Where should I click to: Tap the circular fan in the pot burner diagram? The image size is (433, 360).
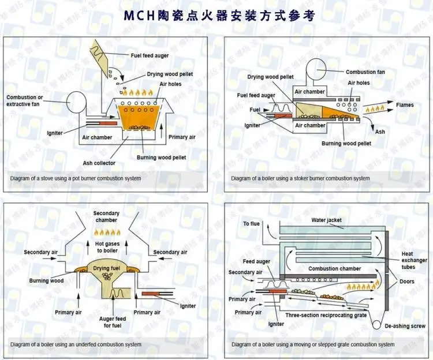pyautogui.click(x=76, y=103)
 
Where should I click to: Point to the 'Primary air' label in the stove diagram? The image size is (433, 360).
pyautogui.click(x=182, y=137)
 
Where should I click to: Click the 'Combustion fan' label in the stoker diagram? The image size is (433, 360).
pyautogui.click(x=365, y=72)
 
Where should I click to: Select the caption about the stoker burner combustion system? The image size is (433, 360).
pyautogui.click(x=300, y=178)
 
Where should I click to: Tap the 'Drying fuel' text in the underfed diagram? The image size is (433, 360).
pyautogui.click(x=107, y=268)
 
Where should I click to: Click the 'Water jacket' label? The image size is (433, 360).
pyautogui.click(x=327, y=220)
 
